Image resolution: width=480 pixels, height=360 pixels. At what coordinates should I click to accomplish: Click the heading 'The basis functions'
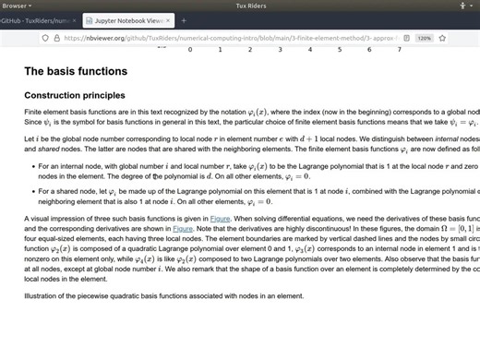(x=75, y=71)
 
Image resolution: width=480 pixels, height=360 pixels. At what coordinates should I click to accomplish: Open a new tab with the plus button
(x=184, y=19)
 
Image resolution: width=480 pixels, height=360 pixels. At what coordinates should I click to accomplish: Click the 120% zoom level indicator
(x=424, y=39)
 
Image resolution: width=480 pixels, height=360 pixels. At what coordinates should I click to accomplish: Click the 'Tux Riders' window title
(x=240, y=6)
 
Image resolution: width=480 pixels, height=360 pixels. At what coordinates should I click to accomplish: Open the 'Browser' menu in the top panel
(x=16, y=6)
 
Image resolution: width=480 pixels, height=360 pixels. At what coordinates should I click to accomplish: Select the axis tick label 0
(x=190, y=50)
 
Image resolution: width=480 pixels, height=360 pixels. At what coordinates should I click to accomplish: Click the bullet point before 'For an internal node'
(x=31, y=165)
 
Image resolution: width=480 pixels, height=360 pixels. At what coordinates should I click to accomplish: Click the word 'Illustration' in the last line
(x=40, y=295)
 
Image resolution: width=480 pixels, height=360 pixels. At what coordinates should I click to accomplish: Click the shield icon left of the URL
(x=44, y=39)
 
